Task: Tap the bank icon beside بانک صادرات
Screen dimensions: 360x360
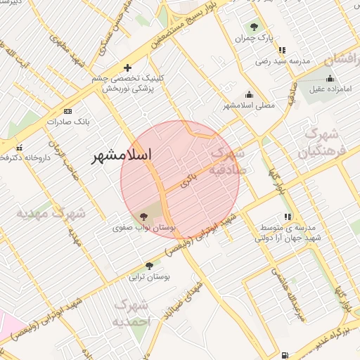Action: coord(67,111)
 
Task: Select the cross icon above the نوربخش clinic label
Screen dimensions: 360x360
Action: coord(127,68)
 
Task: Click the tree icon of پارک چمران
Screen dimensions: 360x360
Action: coord(254,26)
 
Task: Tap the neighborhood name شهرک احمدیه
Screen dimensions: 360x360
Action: coord(131,313)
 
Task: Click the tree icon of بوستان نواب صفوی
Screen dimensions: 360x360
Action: coord(143,217)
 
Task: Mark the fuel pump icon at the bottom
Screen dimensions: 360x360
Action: coord(283,356)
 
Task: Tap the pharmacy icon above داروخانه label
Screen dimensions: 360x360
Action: coord(19,148)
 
